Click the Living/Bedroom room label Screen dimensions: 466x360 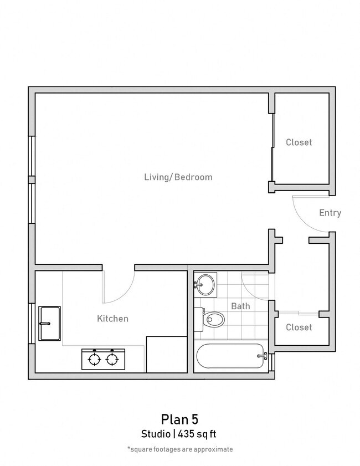[178, 177]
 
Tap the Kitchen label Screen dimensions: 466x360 [112, 319]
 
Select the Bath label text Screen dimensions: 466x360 [240, 306]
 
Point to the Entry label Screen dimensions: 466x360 [330, 213]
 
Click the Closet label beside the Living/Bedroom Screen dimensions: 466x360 [299, 142]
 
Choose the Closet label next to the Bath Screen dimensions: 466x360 [299, 327]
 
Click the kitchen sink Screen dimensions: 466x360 [49, 323]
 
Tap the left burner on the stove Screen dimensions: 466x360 [95, 360]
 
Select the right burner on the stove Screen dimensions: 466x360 [114, 360]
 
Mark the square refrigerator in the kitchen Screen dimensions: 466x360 [166, 354]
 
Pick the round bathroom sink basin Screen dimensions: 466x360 [206, 285]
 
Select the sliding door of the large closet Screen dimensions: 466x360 [272, 147]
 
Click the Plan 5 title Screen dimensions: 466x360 [179, 418]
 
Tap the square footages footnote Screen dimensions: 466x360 [179, 449]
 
